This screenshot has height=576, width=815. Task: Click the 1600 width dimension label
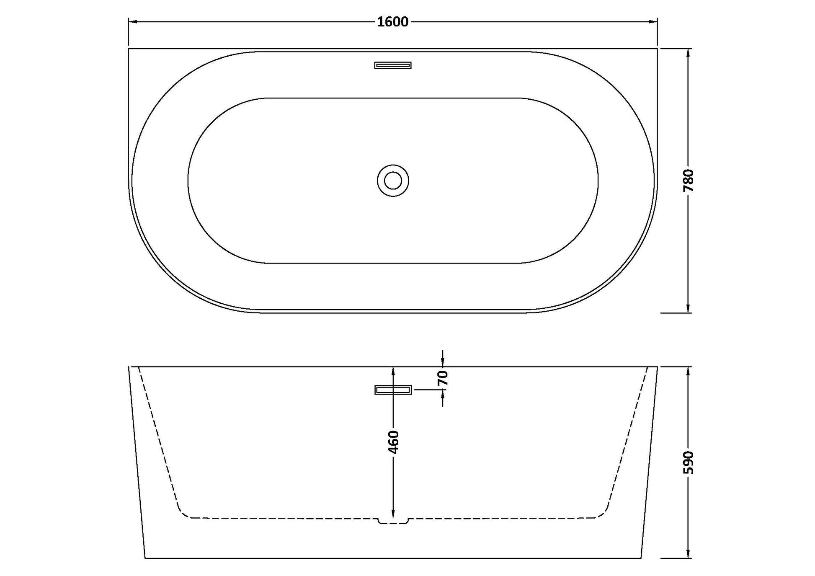392,22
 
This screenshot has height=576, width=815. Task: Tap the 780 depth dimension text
688,181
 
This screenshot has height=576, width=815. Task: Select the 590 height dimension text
688,462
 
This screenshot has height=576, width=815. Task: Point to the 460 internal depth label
393,442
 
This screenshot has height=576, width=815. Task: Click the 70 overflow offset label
443,378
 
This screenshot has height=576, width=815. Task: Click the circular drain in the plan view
393,181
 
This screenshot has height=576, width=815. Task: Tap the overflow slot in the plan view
393,65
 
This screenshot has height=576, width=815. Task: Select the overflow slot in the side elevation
393,390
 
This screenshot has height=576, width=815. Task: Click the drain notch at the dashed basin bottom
393,521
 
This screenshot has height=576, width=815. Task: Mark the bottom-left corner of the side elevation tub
145,558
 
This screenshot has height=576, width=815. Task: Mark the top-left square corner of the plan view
129,49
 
